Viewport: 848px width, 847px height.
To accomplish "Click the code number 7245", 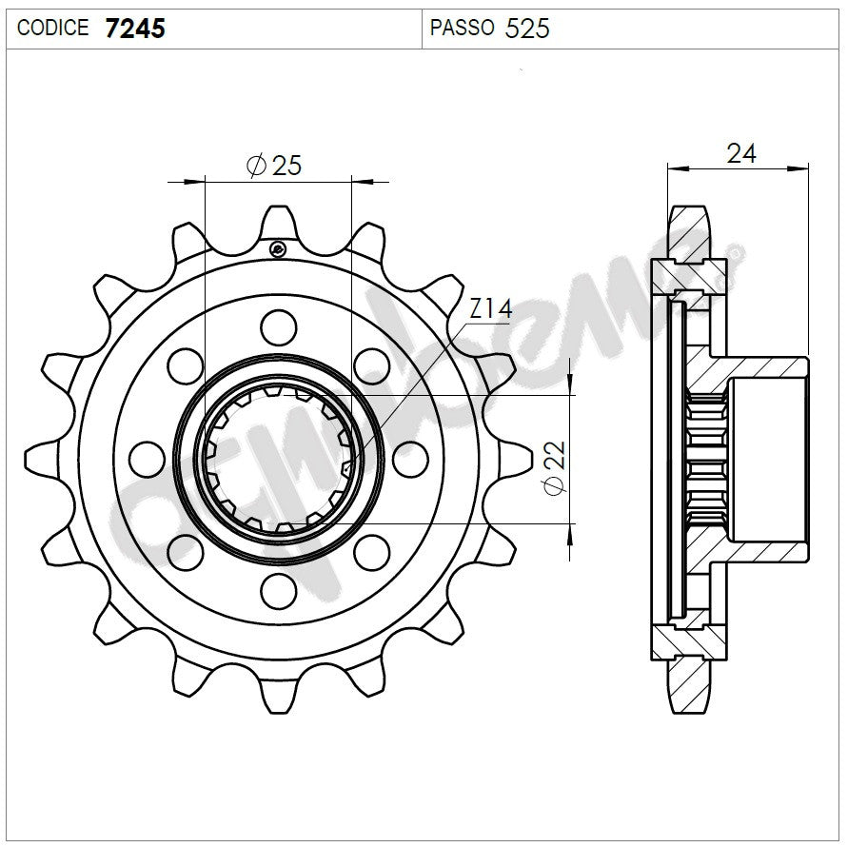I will click(135, 28).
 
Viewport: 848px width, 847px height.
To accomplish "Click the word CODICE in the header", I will click(54, 29).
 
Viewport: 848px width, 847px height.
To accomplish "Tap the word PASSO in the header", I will click(462, 29).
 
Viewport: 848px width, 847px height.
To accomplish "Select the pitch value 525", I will click(527, 29).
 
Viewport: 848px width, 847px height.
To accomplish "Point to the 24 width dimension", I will click(740, 152).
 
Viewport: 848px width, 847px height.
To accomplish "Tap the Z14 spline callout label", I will click(491, 308).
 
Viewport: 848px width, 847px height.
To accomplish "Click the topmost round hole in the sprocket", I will click(278, 326).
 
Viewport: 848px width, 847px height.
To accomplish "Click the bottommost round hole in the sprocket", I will click(278, 590).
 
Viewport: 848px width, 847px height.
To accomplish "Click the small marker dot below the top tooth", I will click(277, 249).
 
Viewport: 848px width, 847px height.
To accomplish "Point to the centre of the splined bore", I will click(278, 458).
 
